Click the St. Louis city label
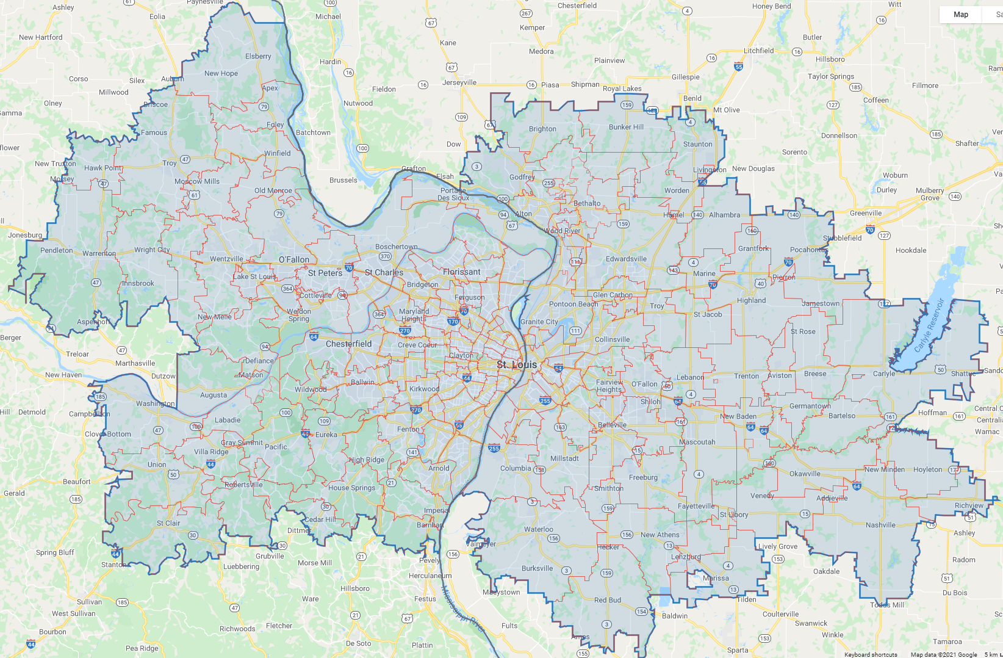click(517, 364)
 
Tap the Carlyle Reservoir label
click(929, 325)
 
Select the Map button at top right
click(960, 14)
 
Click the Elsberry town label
click(258, 56)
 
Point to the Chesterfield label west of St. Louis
click(348, 344)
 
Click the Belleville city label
click(612, 425)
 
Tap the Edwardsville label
click(626, 259)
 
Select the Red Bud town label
click(608, 600)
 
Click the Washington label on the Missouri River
click(155, 403)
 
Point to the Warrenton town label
click(99, 253)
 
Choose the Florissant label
click(462, 272)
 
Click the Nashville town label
click(880, 525)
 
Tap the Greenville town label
click(866, 213)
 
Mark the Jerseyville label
click(459, 82)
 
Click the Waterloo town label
click(539, 529)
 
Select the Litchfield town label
click(758, 51)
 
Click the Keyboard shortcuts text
click(871, 654)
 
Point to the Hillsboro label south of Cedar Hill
click(355, 588)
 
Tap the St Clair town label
click(168, 523)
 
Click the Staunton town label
click(697, 144)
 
